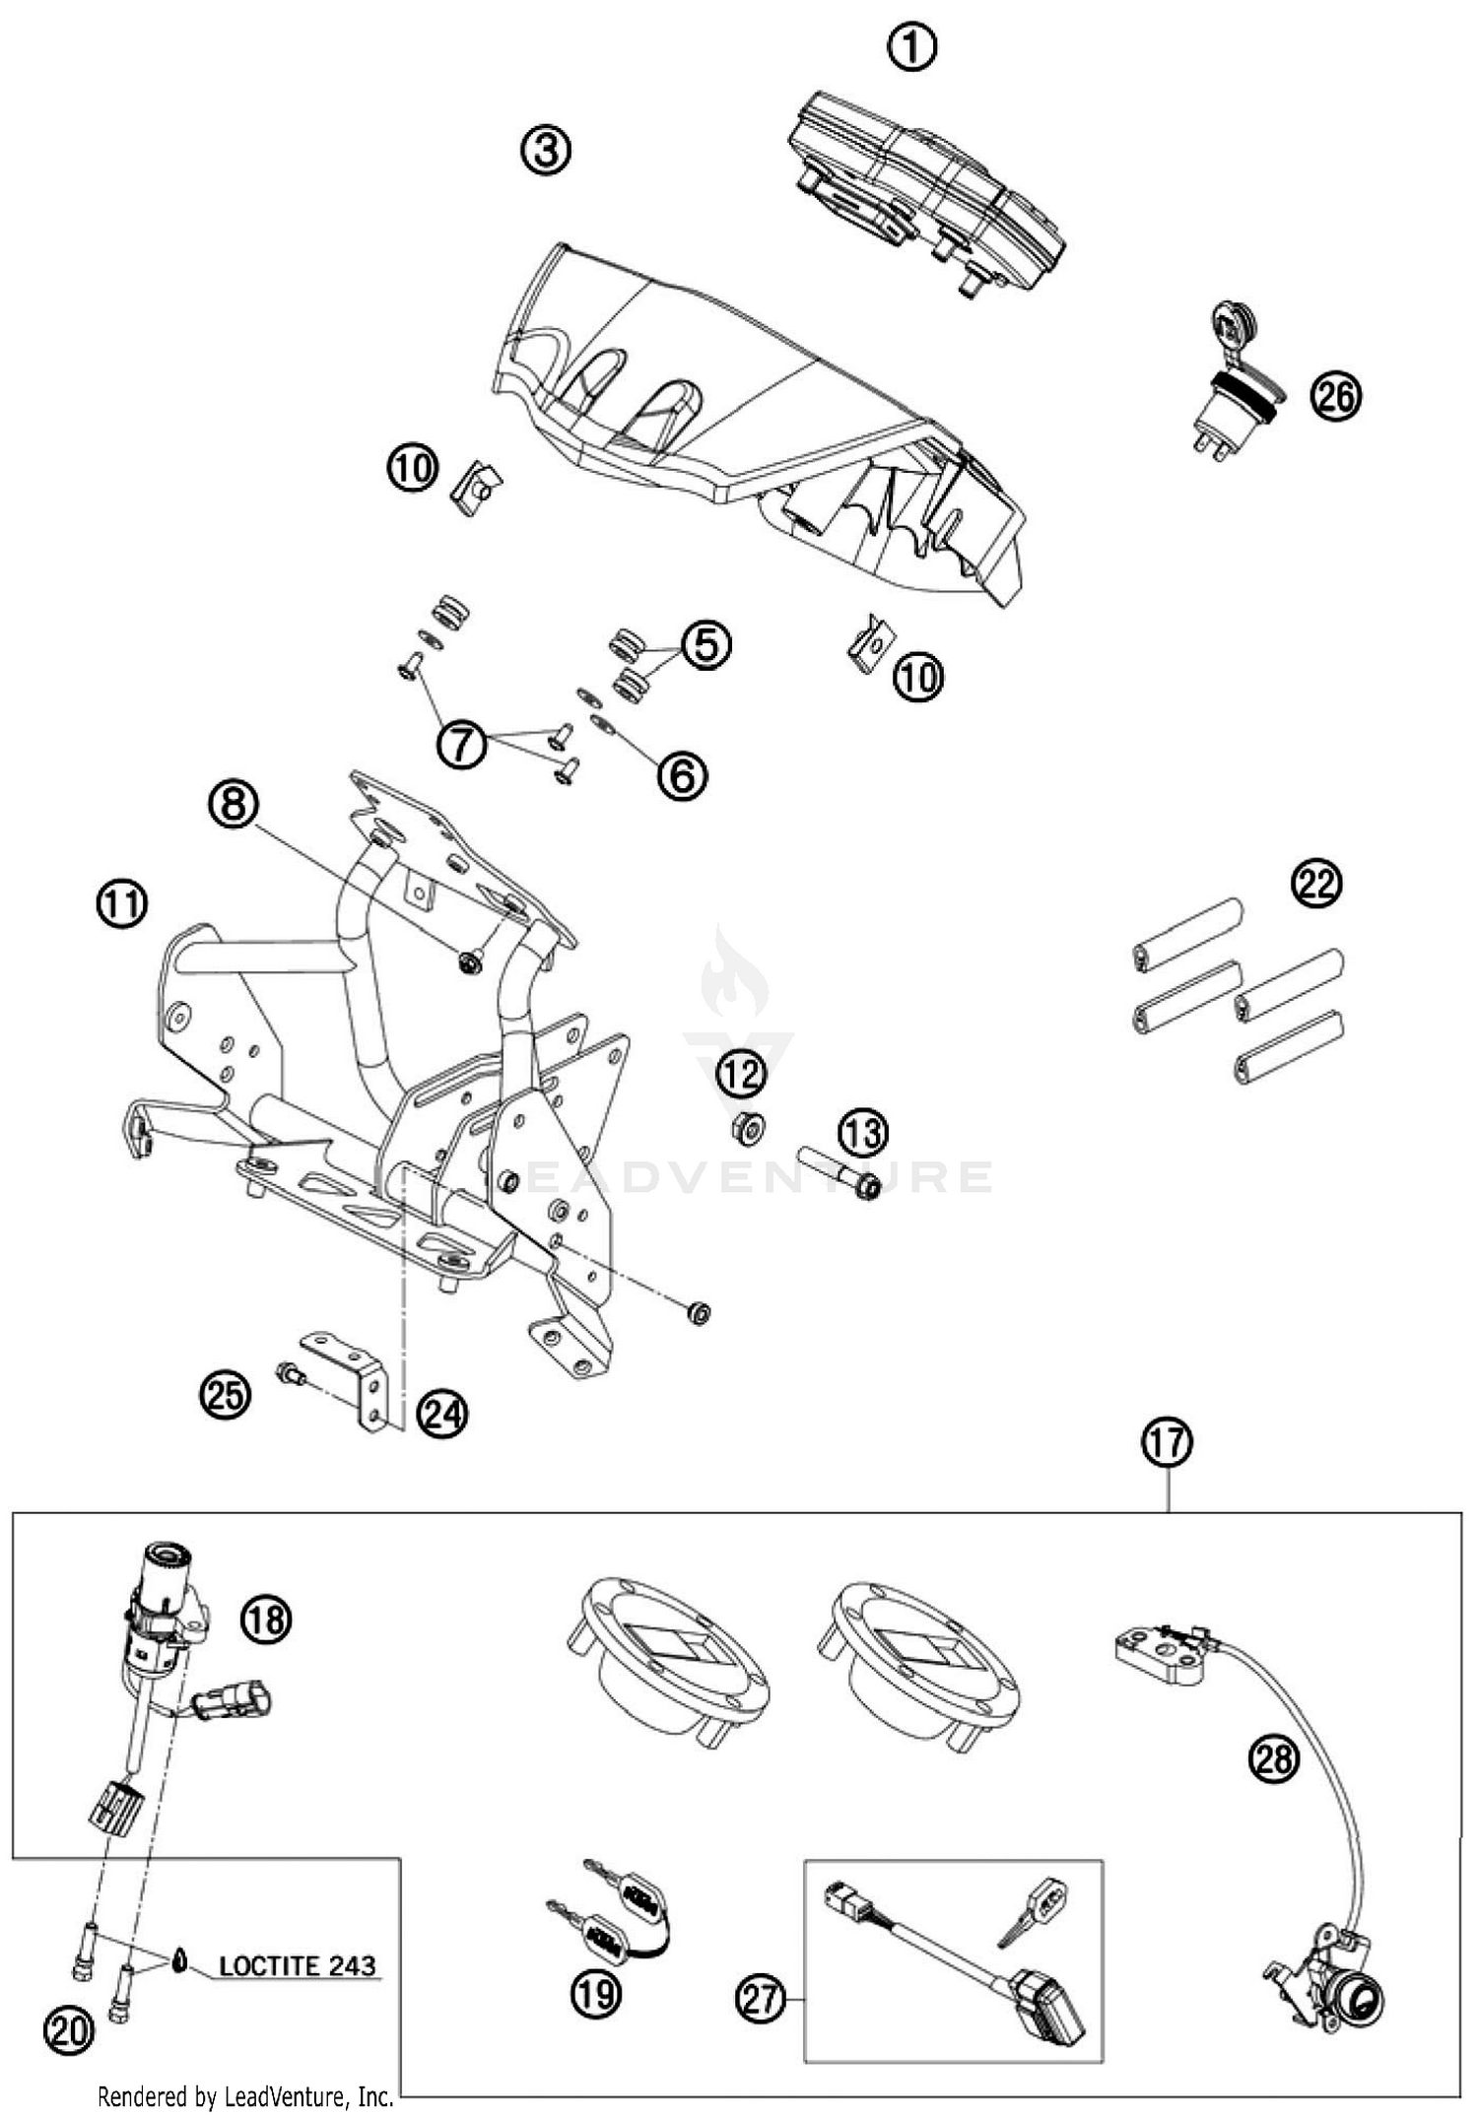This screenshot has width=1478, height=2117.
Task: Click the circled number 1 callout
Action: click(x=912, y=46)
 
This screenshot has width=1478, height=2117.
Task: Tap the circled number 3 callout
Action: click(x=546, y=151)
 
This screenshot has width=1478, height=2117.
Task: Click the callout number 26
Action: click(x=1335, y=397)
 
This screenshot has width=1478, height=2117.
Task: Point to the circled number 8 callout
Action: click(x=234, y=805)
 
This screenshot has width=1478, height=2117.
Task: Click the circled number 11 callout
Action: click(x=121, y=903)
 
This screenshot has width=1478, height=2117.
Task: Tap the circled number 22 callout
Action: click(x=1317, y=884)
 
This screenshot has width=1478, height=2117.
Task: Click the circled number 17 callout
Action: click(x=1168, y=1443)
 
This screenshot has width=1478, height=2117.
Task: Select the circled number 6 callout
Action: click(x=682, y=775)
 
